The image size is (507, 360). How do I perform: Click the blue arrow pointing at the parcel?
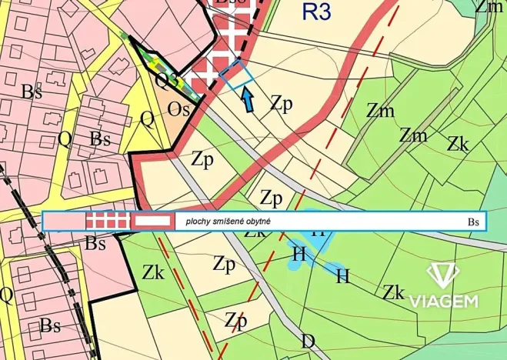pos(248,99)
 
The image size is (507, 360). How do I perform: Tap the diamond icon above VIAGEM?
pos(443,275)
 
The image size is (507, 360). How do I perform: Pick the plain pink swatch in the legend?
pos(64,222)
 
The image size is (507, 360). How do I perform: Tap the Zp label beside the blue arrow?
pos(282,105)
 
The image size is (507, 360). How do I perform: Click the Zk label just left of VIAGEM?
pos(394,292)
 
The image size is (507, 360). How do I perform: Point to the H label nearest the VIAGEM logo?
pos(343,274)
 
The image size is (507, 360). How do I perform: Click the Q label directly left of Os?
pos(147,118)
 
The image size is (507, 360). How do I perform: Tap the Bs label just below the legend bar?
pos(95,244)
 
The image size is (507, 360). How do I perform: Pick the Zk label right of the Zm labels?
pos(459,143)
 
